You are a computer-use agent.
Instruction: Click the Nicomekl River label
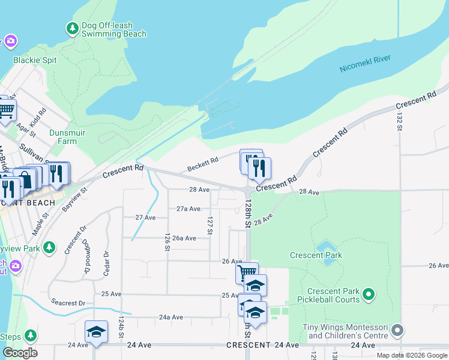click(365, 63)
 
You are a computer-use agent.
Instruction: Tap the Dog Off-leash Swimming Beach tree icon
click(72, 28)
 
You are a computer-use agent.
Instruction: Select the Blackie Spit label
click(35, 60)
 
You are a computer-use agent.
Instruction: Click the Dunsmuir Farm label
click(55, 137)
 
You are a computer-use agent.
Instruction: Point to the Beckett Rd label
click(202, 163)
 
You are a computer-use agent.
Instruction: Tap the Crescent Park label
click(316, 255)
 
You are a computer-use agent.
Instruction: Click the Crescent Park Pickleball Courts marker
click(369, 295)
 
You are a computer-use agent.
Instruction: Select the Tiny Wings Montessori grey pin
click(396, 330)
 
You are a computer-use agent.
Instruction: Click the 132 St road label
click(399, 121)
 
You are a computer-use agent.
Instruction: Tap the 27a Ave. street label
click(188, 209)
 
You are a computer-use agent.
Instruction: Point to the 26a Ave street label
click(184, 238)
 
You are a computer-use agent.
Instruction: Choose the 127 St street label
click(210, 226)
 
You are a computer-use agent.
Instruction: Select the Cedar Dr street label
click(106, 262)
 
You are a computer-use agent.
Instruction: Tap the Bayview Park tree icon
click(50, 247)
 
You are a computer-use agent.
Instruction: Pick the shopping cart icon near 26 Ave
click(247, 273)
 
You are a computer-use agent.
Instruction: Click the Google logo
click(20, 353)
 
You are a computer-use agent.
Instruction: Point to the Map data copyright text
click(412, 355)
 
